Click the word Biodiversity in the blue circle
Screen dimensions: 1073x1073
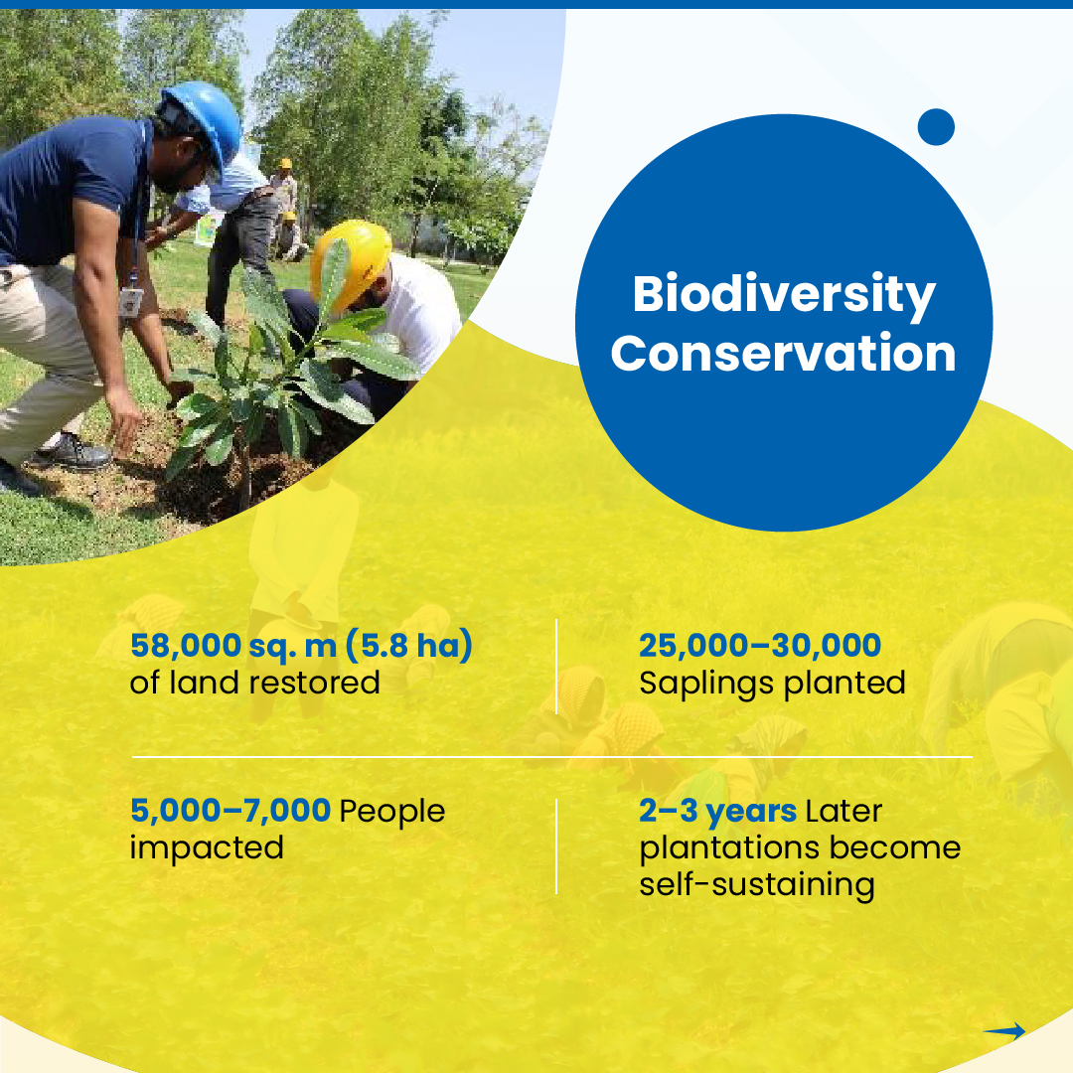[783, 295]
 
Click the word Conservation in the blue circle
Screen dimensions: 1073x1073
[783, 355]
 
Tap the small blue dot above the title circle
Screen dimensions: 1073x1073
[936, 127]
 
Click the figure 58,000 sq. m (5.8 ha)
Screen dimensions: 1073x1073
[301, 646]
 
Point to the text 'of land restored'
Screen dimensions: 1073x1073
[254, 684]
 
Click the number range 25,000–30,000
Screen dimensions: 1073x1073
[760, 646]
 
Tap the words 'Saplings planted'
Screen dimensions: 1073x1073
[772, 684]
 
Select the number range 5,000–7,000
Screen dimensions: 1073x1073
[230, 811]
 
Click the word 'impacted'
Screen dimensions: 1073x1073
[207, 848]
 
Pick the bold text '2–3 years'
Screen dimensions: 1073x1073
[717, 811]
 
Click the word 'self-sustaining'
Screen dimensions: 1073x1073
[757, 884]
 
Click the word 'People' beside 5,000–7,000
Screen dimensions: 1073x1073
[392, 811]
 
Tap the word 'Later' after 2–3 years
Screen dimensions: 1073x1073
[843, 811]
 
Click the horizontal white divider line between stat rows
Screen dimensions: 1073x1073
[551, 757]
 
